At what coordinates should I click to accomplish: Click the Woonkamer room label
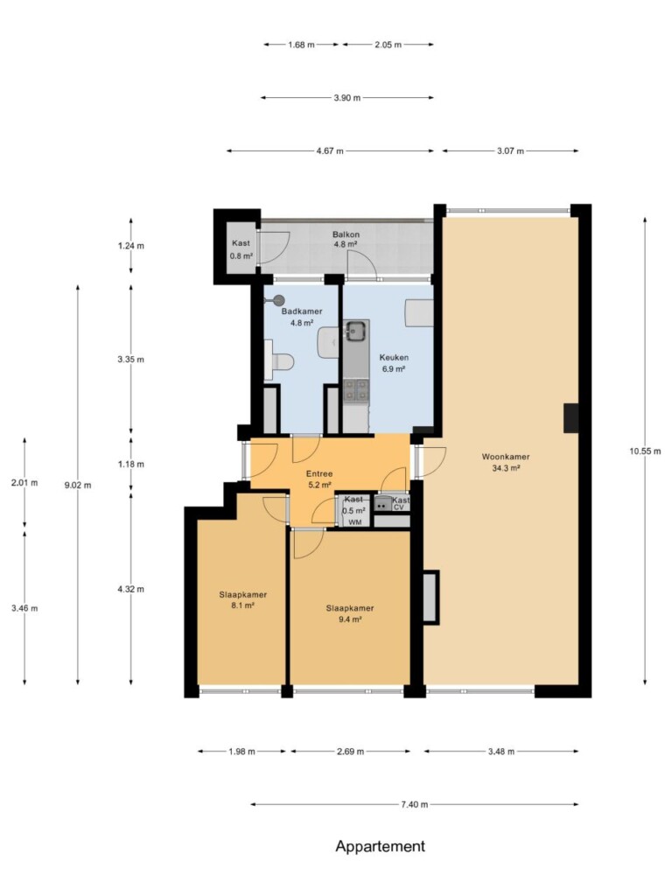[x=505, y=457]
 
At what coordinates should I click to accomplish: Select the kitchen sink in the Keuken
[x=356, y=330]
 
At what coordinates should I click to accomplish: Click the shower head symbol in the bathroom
[x=278, y=299]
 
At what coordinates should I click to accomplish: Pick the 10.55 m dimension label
[x=645, y=451]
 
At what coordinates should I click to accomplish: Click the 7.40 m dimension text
[x=414, y=805]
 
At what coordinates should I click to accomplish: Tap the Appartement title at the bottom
[x=380, y=846]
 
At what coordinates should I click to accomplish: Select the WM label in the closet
[x=355, y=522]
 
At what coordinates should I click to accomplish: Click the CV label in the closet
[x=399, y=507]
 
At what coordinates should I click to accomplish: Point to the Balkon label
[x=346, y=234]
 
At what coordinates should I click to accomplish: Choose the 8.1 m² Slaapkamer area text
[x=243, y=605]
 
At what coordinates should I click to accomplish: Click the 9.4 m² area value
[x=350, y=619]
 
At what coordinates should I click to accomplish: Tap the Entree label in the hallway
[x=319, y=473]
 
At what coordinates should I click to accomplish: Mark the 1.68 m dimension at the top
[x=301, y=45]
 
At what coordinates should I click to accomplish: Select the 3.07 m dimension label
[x=510, y=150]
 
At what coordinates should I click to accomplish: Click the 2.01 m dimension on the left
[x=24, y=482]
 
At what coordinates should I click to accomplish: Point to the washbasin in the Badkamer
[x=327, y=342]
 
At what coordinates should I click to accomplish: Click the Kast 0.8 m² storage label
[x=241, y=249]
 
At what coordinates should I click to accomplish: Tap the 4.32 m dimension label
[x=131, y=589]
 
